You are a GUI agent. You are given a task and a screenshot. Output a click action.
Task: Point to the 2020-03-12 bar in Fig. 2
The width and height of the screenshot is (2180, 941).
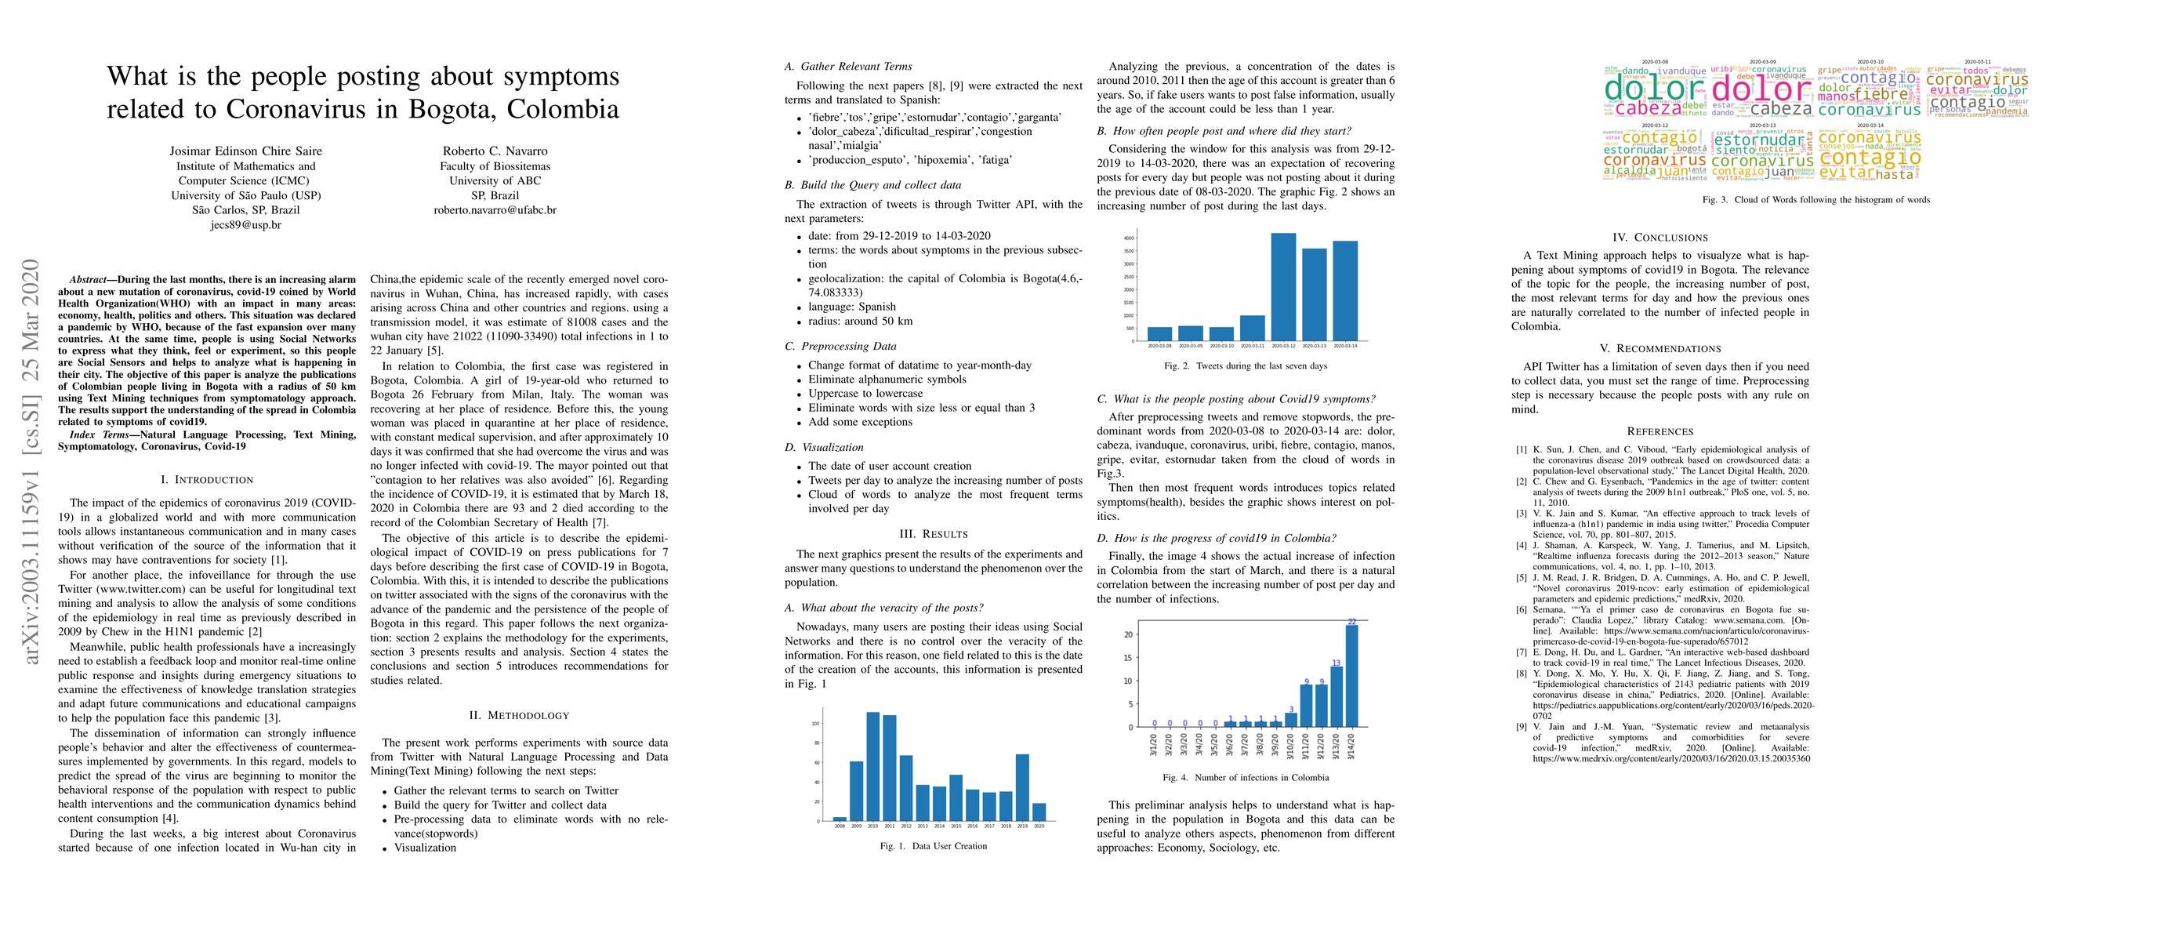pyautogui.click(x=1283, y=287)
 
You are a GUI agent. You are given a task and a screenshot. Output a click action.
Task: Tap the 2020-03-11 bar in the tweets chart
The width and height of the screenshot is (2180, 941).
pyautogui.click(x=1253, y=329)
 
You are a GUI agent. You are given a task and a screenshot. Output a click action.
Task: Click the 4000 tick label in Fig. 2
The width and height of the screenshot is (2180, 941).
pyautogui.click(x=1128, y=238)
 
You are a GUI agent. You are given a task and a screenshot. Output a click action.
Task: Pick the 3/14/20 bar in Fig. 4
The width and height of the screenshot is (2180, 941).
pyautogui.click(x=1351, y=676)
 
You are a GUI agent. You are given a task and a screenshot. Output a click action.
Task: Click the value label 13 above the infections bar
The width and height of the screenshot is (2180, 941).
pyautogui.click(x=1337, y=663)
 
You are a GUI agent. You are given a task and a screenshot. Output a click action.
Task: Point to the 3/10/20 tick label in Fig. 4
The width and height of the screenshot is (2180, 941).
pyautogui.click(x=1290, y=745)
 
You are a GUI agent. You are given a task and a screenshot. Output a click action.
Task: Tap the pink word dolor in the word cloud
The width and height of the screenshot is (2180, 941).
pyautogui.click(x=1761, y=89)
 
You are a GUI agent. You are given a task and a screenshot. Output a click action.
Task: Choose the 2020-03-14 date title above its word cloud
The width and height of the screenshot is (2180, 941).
pyautogui.click(x=1870, y=125)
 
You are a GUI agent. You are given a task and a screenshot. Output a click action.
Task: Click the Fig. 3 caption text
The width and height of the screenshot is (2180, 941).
pyautogui.click(x=1816, y=200)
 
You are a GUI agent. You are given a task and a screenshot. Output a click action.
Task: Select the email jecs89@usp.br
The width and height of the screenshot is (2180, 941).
pyautogui.click(x=245, y=225)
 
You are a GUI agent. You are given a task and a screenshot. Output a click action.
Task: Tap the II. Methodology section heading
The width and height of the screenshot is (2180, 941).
pyautogui.click(x=519, y=715)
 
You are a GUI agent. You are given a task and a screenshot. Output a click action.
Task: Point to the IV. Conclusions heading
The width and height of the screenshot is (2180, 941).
pyautogui.click(x=1659, y=238)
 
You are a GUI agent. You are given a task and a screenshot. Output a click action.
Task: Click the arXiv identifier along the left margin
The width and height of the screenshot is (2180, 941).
pyautogui.click(x=31, y=461)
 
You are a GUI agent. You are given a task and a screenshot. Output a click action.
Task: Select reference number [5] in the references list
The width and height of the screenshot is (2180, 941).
pyautogui.click(x=1521, y=578)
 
